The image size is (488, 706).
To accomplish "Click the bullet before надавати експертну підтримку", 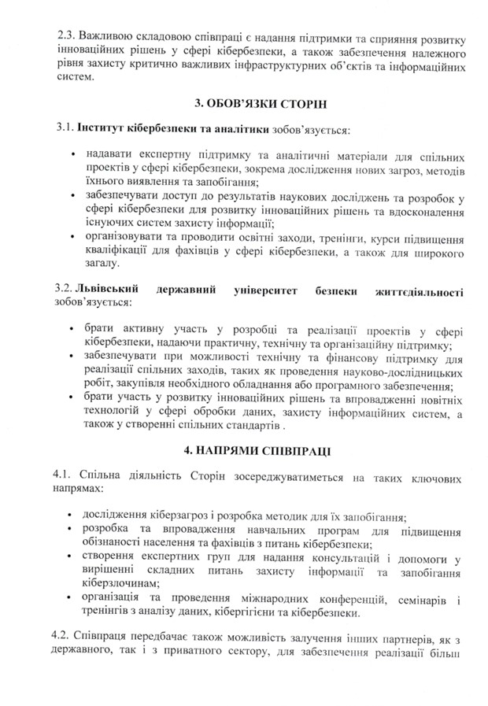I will tap(73, 156).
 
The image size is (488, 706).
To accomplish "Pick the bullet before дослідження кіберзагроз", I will tap(73, 516).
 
